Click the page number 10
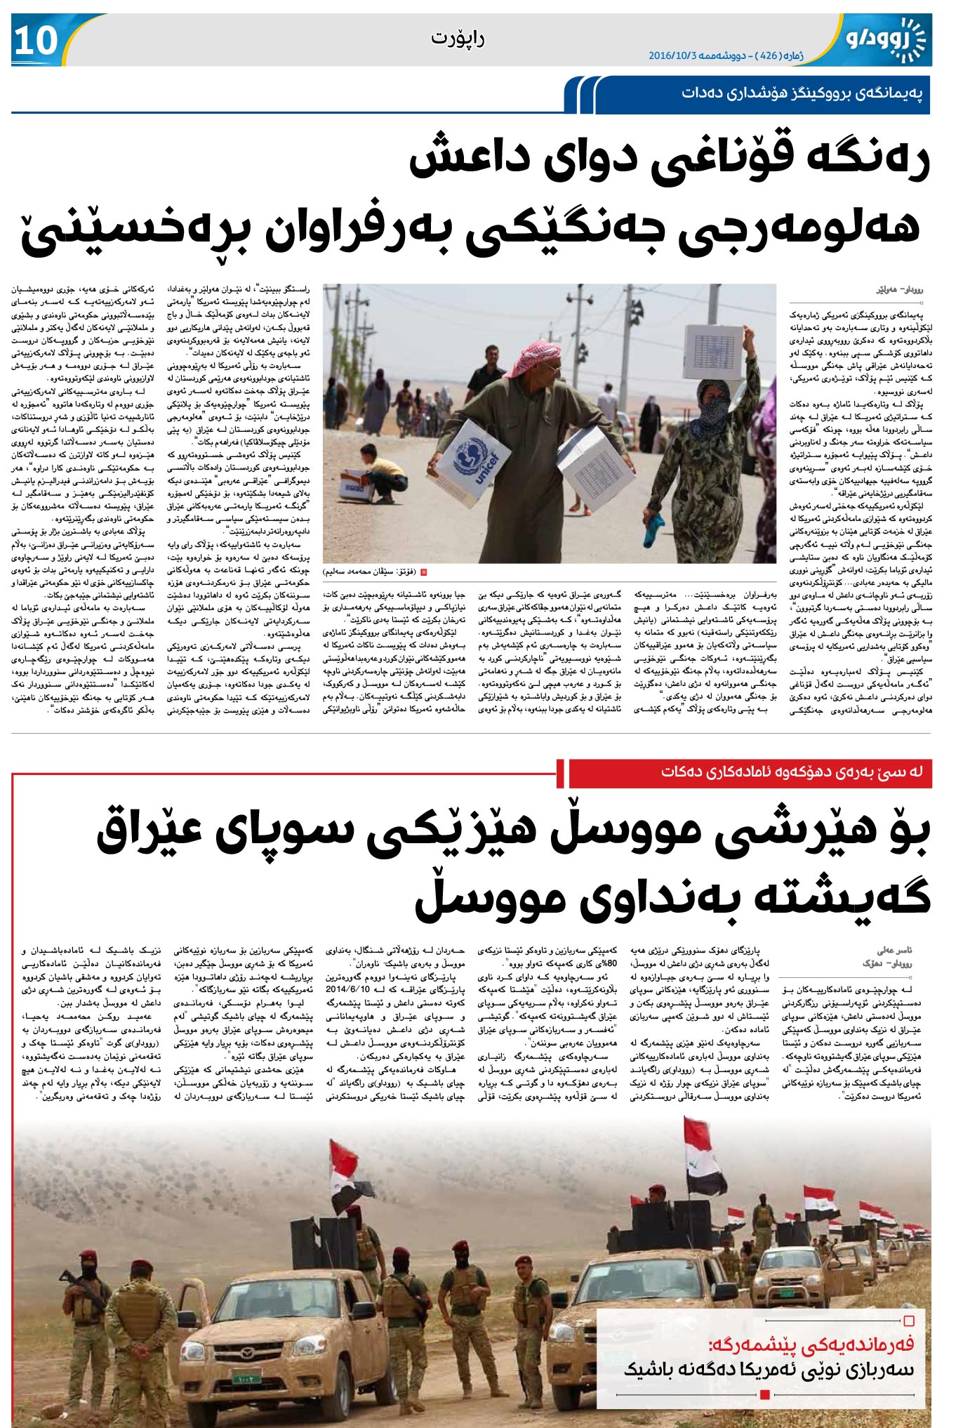click(x=35, y=40)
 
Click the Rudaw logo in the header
click(x=885, y=39)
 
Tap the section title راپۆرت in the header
click(x=457, y=38)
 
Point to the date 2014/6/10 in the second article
click(x=346, y=989)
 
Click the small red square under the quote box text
click(x=765, y=1394)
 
